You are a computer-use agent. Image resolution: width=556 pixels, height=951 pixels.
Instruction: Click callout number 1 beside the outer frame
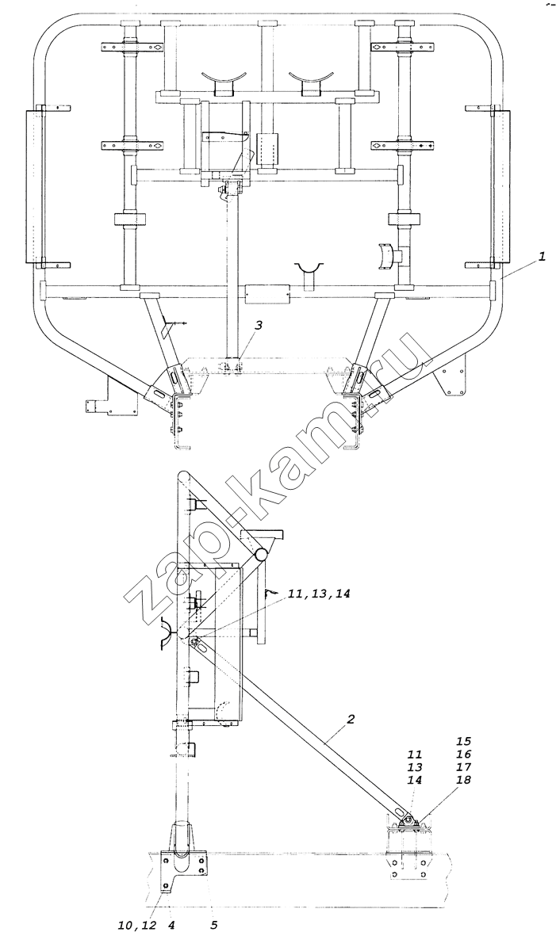tap(541, 258)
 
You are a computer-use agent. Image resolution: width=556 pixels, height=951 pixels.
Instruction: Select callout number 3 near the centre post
tap(259, 325)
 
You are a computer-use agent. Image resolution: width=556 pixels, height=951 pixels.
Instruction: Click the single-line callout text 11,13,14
tap(319, 594)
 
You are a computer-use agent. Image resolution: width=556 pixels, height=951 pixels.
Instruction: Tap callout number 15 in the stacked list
tap(464, 741)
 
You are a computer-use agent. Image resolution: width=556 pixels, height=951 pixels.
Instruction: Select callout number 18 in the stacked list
tap(464, 780)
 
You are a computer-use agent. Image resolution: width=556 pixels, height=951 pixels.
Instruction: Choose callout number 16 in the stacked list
tap(464, 754)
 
